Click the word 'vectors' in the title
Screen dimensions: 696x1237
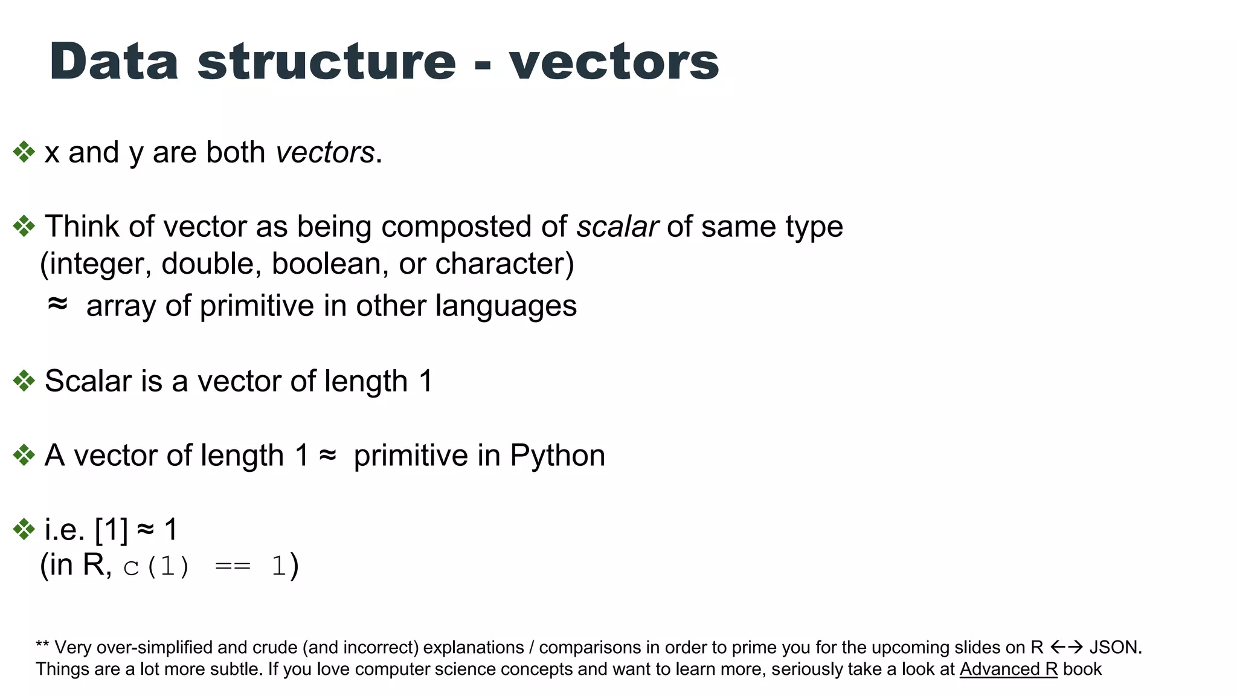pos(614,62)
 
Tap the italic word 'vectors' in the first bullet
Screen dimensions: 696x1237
pos(325,152)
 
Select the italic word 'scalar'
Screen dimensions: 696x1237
pos(617,227)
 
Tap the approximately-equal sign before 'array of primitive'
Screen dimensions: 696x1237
pos(57,304)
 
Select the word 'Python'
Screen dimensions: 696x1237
pos(557,456)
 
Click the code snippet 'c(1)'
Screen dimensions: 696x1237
pos(156,567)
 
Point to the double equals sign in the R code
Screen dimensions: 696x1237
pos(233,567)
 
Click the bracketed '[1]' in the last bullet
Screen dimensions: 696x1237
pos(111,530)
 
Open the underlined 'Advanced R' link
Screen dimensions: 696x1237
pos(1008,669)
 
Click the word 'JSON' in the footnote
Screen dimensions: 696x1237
pos(1114,648)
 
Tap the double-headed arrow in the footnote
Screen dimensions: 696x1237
pos(1066,648)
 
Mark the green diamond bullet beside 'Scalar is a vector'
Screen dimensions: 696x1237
pos(24,381)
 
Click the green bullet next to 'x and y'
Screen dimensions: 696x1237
pos(24,152)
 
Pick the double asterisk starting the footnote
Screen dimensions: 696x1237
pos(42,645)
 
